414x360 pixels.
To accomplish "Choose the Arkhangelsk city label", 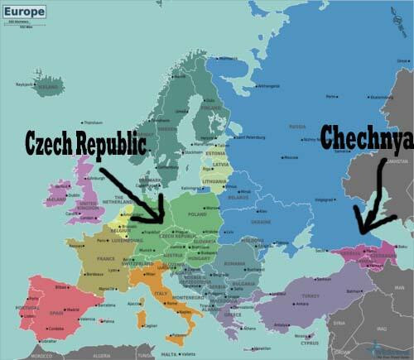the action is [x=267, y=85].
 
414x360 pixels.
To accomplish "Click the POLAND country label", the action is [x=196, y=212].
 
